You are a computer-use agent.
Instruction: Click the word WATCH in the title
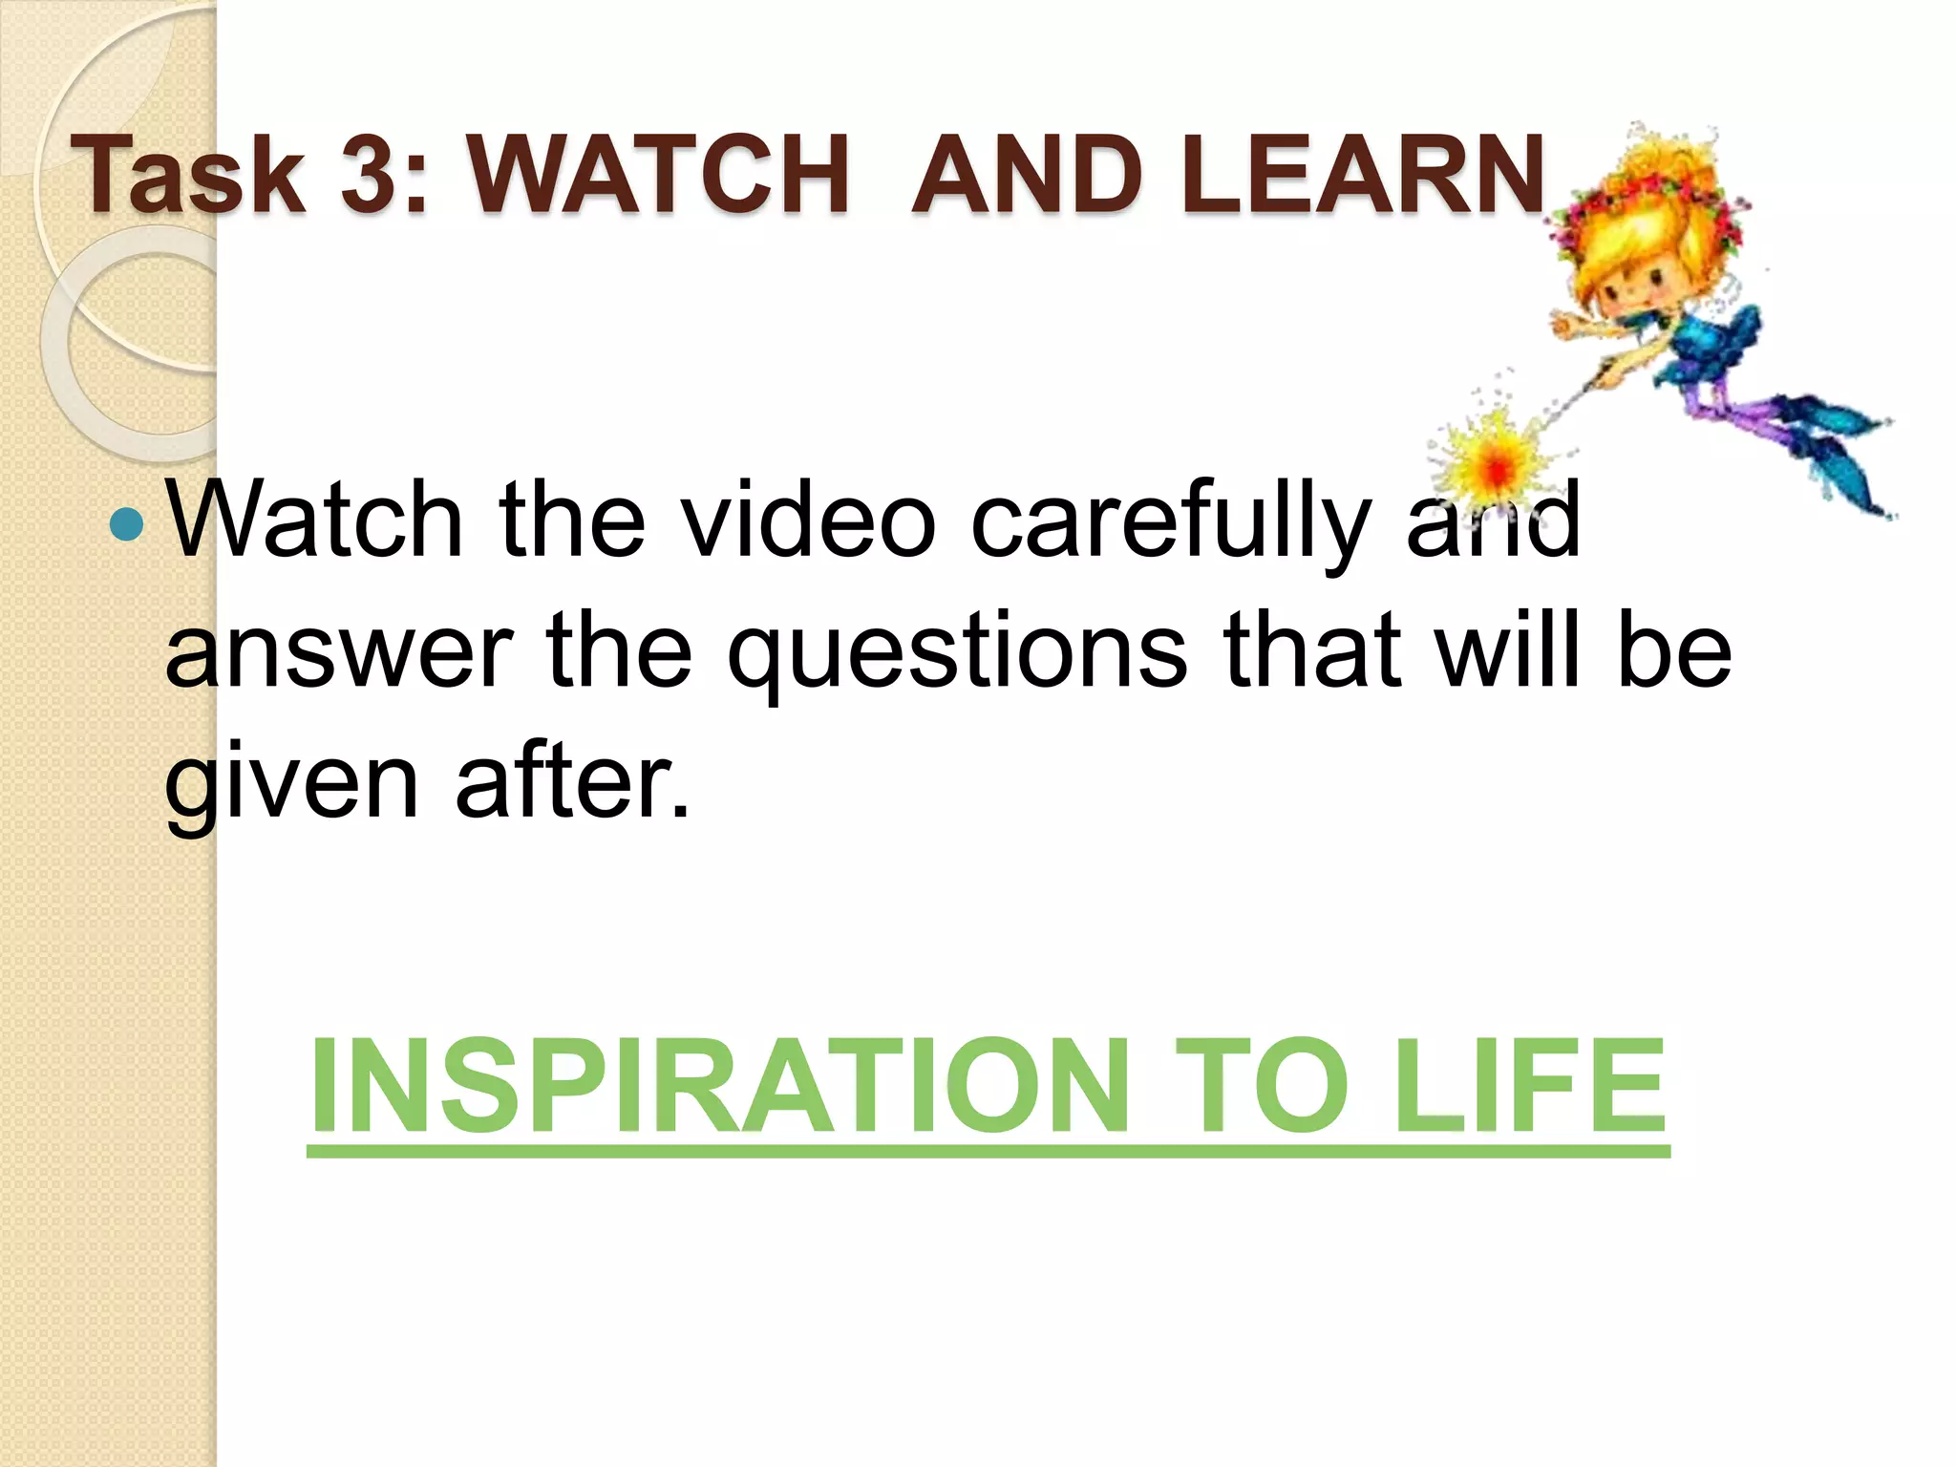pos(658,175)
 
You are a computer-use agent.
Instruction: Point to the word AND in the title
pos(1028,175)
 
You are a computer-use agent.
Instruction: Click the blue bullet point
pos(126,523)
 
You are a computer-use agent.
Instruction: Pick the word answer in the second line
pos(339,654)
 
